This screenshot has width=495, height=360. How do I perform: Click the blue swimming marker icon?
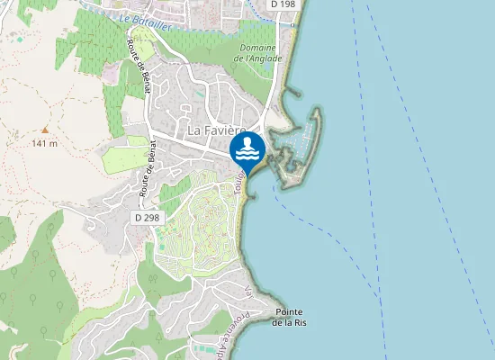coord(247,148)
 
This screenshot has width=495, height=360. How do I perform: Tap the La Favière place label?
coord(217,130)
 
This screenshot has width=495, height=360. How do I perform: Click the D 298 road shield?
coord(146,218)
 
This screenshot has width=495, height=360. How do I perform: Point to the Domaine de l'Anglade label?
coord(257,53)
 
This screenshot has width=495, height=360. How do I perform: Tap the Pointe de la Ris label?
coord(290,317)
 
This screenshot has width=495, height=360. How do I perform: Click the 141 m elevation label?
coord(44,143)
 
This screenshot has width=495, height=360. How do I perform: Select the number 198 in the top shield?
coord(287,4)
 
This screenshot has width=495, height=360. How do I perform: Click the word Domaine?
coord(257,48)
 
